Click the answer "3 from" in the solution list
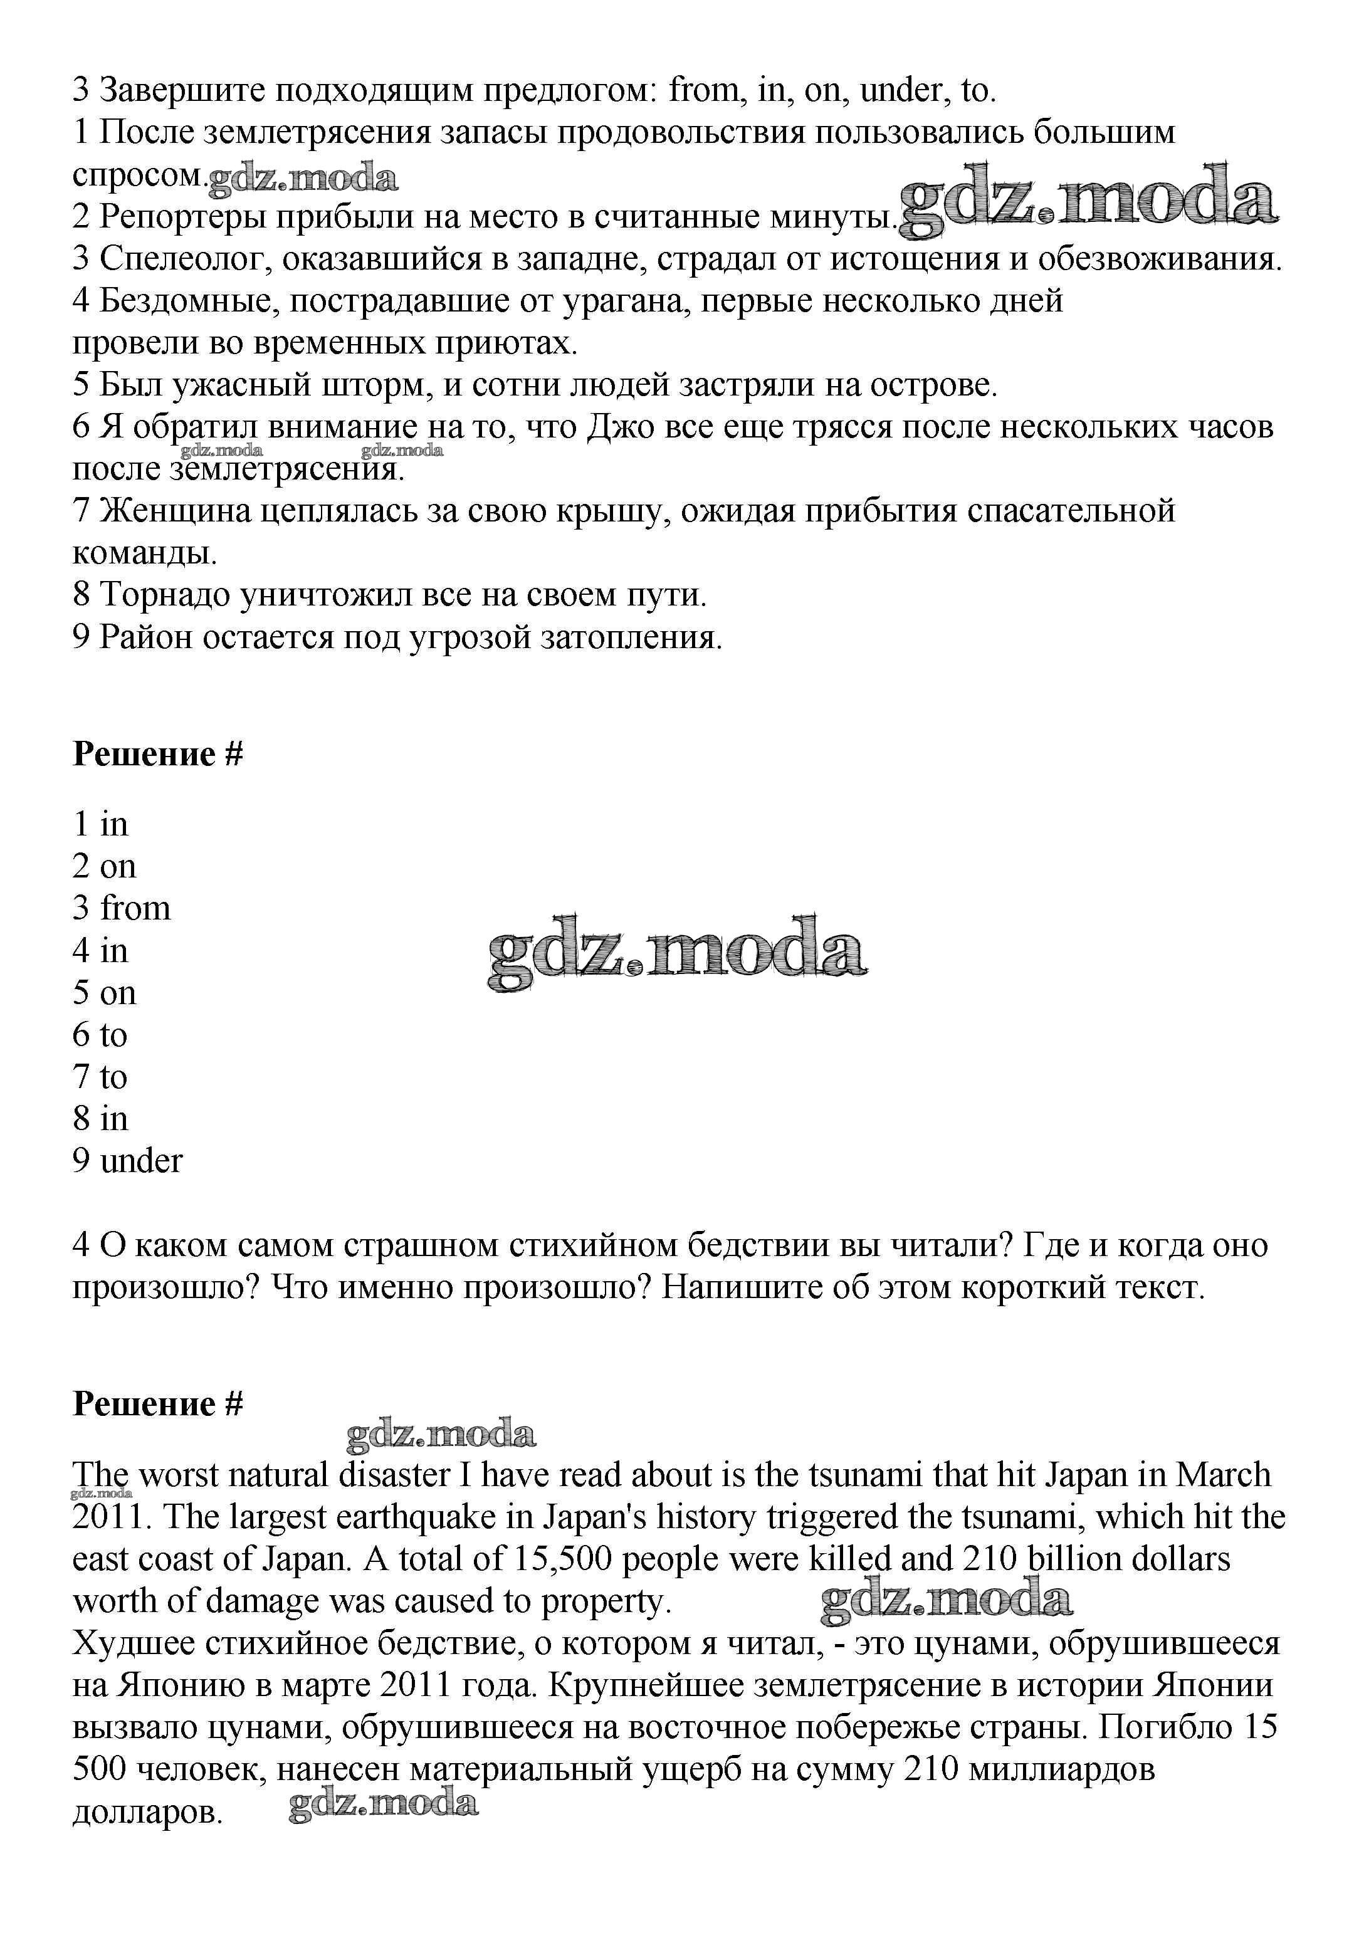(122, 908)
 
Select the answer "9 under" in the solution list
(127, 1161)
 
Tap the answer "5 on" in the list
(105, 993)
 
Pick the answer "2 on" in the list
(105, 866)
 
